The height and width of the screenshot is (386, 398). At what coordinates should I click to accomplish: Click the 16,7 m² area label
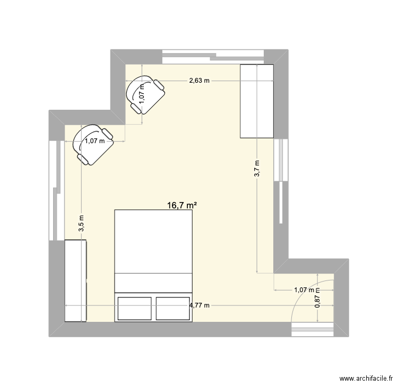point(182,205)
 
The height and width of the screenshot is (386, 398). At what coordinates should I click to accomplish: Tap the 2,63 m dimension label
point(199,81)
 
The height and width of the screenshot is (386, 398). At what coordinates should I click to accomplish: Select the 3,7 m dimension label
point(257,168)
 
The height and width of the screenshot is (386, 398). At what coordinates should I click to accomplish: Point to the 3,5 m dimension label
point(81,223)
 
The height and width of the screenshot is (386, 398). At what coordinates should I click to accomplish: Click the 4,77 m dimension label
point(200,305)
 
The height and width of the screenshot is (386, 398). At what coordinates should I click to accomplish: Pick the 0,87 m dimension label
point(317,298)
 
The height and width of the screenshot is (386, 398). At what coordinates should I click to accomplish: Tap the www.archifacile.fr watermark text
point(366,379)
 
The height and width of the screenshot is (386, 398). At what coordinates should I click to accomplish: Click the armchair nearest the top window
point(145,94)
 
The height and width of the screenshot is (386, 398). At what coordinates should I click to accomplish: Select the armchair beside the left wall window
point(93,145)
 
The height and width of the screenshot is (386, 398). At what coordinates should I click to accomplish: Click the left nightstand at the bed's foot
point(135,309)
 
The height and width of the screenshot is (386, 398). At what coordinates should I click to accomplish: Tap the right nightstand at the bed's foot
point(173,309)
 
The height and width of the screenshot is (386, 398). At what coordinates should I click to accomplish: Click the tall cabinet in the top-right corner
point(257,101)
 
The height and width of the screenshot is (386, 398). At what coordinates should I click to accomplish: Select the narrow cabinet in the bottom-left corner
point(76,280)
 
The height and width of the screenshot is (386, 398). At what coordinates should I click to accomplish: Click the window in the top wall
point(213,57)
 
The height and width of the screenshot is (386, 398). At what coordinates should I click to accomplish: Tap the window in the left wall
point(56,190)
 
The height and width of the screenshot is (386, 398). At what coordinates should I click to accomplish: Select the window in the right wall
point(281,181)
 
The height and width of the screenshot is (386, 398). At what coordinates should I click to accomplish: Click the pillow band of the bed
point(153,283)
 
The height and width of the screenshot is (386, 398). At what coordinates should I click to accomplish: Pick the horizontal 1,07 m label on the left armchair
point(94,141)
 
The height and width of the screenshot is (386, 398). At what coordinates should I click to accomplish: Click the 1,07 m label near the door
point(304,289)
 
